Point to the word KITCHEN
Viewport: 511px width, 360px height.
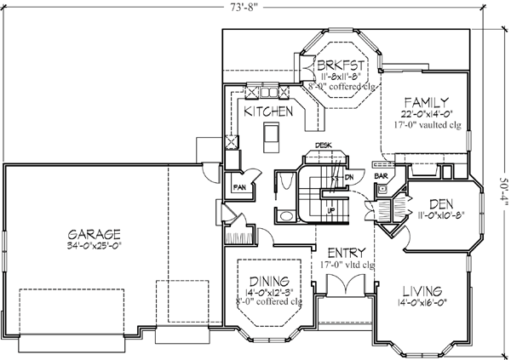269,111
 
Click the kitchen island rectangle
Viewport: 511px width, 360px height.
272,134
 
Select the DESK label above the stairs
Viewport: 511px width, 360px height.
324,146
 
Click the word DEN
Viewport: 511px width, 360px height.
440,204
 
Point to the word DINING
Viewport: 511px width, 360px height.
269,282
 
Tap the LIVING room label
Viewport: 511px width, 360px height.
424,290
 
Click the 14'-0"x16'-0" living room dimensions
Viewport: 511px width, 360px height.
424,303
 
